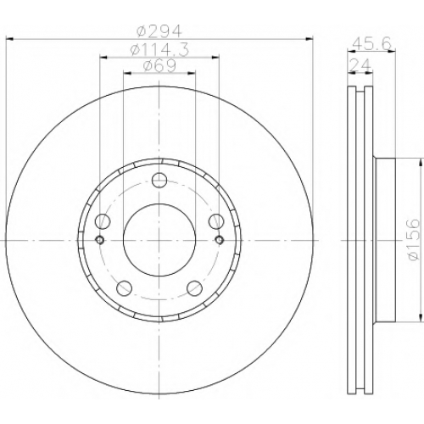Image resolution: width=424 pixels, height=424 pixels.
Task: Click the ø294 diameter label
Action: point(159,31)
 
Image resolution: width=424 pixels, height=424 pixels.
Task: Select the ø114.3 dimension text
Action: point(159,51)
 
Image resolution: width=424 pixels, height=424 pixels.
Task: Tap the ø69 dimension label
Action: point(159,66)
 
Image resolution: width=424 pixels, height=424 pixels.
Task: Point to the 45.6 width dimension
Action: point(371,43)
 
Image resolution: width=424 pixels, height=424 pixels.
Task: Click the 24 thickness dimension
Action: point(360,65)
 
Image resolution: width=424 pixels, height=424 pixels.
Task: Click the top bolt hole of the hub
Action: point(159,180)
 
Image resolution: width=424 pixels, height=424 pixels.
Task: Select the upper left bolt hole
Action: point(103,221)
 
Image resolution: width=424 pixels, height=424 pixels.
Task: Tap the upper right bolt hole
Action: point(216,221)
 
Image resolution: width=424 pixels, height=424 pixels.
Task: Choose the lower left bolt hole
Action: point(125,287)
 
